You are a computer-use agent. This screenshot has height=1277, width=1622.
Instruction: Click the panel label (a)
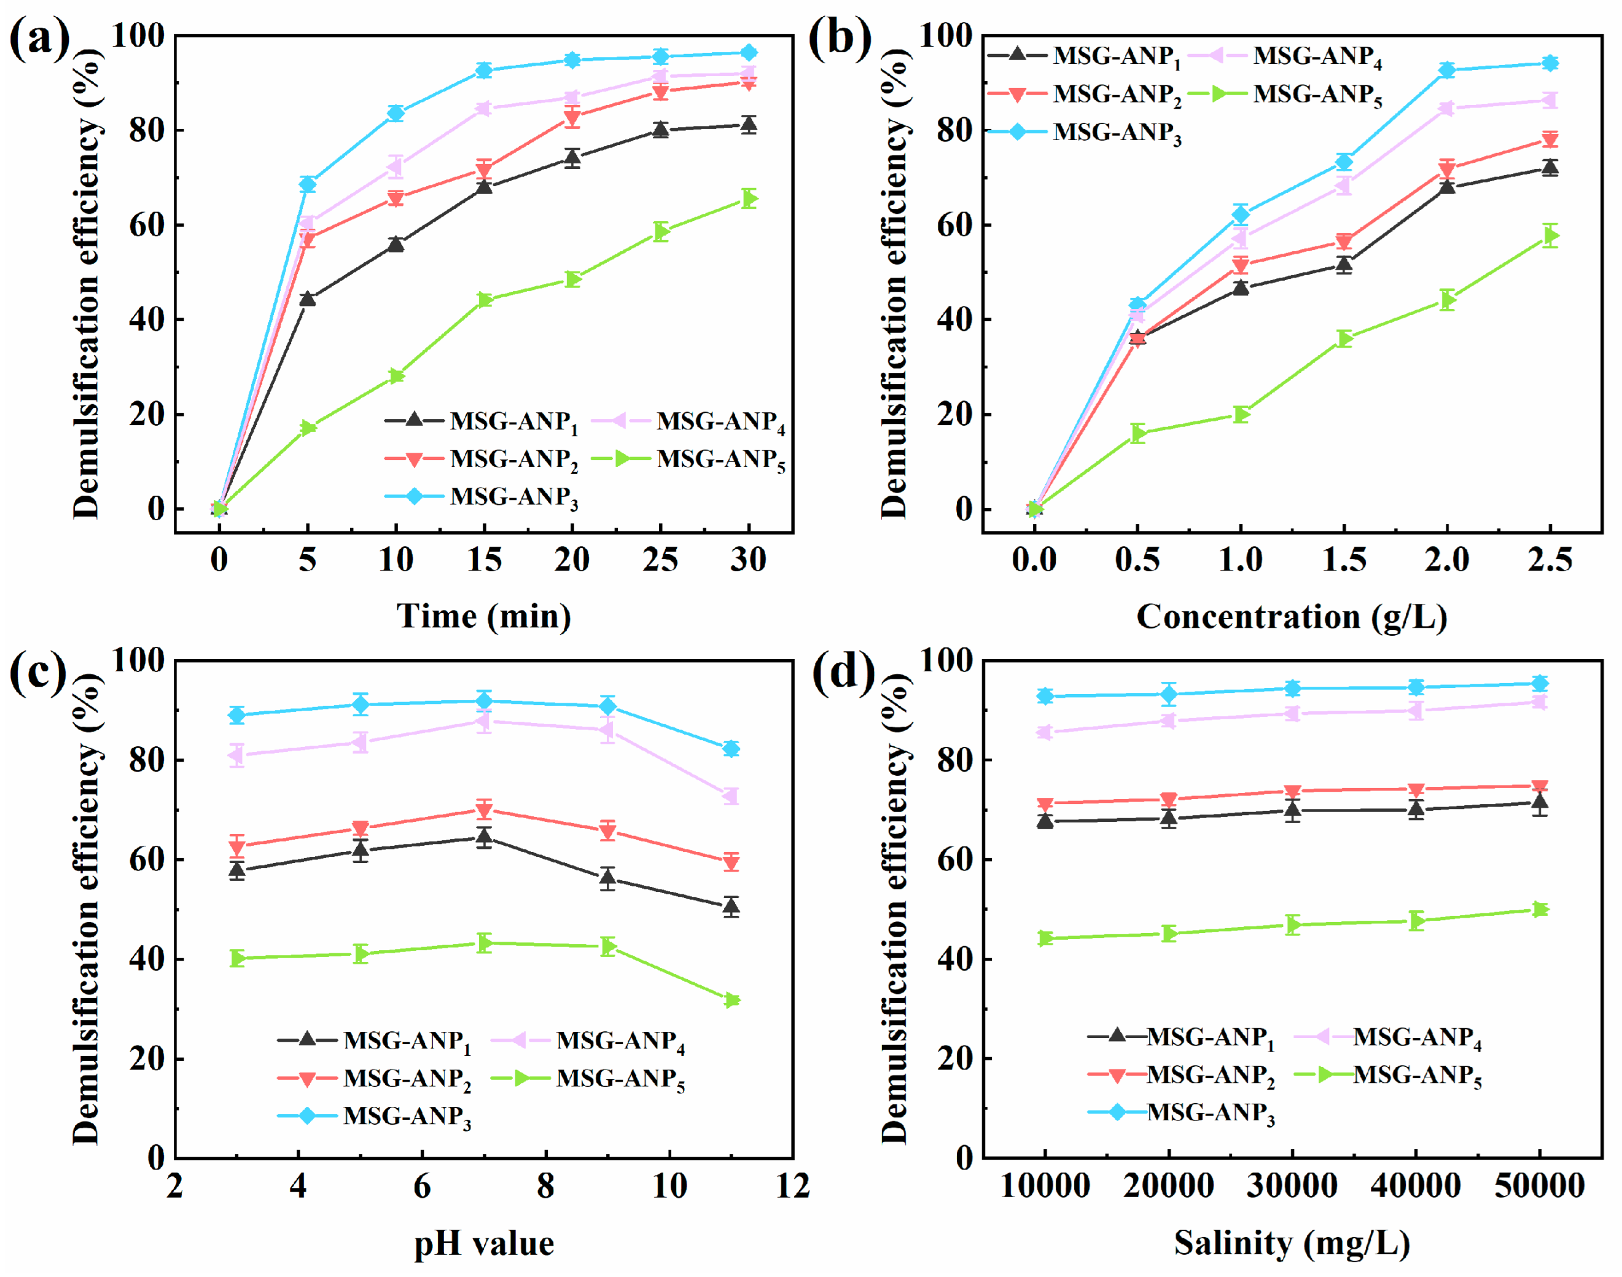(39, 39)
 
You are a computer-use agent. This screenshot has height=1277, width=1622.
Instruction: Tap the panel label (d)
(843, 671)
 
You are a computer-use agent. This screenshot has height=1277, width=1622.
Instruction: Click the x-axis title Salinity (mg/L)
(1292, 1243)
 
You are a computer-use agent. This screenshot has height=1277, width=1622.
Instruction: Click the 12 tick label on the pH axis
(792, 1185)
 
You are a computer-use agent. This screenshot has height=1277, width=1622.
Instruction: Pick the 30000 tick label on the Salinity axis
(1292, 1185)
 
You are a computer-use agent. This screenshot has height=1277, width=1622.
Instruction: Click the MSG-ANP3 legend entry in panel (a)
(482, 497)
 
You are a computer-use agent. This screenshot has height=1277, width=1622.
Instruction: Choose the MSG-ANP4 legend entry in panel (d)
(1387, 1037)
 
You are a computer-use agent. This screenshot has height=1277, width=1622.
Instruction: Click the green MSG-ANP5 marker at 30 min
(749, 198)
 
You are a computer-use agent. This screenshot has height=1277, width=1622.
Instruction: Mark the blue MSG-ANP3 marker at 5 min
(307, 184)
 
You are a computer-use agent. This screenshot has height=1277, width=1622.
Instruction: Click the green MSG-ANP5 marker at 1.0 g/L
(1241, 414)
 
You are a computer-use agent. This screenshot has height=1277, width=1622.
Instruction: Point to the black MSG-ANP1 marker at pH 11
(731, 907)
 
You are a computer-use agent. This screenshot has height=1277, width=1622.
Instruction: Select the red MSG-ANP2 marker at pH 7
(485, 810)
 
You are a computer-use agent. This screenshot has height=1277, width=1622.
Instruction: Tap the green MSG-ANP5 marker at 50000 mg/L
(1540, 910)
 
